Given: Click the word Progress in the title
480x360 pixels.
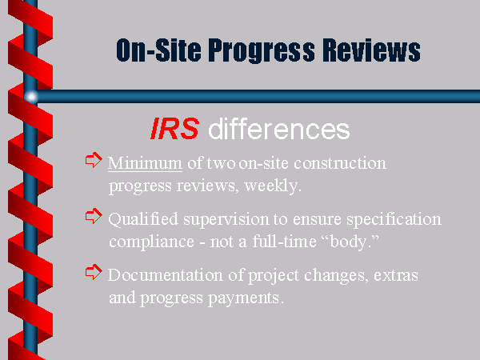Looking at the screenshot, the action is (x=262, y=51).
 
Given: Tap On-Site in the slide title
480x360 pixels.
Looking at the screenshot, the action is (x=158, y=50).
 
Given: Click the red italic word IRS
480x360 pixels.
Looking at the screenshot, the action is (x=174, y=129).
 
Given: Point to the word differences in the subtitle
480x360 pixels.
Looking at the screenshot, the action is (x=279, y=129).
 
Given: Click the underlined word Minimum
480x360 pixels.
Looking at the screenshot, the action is (x=145, y=163).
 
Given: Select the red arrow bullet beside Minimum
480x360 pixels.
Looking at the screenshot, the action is (x=94, y=160).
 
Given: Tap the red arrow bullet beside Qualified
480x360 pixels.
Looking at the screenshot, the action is (x=94, y=216).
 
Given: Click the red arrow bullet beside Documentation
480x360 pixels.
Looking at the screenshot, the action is (x=94, y=272).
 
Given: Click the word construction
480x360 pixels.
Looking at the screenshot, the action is (x=340, y=163).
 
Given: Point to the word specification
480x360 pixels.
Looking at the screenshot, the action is (x=394, y=219).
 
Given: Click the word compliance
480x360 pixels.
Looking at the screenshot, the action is (x=151, y=242).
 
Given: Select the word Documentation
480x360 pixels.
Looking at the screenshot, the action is (x=166, y=275).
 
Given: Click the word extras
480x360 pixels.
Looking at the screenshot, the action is (x=396, y=275).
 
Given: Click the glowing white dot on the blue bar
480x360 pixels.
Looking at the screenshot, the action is (x=31, y=97).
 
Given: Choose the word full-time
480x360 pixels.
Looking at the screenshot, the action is (x=284, y=242).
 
